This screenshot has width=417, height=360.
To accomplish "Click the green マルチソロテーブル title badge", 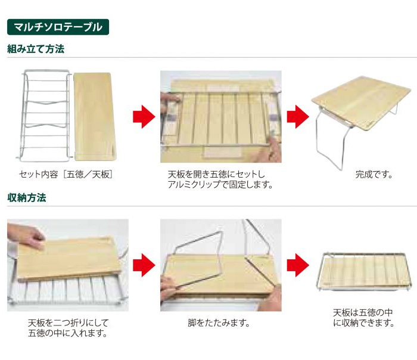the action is [58, 27].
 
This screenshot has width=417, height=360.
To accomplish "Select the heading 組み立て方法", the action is [36, 49].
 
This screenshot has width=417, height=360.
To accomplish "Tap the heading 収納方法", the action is [27, 197].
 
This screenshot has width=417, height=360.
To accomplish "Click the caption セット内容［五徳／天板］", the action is [66, 175].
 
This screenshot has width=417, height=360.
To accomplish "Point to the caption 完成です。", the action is [374, 175].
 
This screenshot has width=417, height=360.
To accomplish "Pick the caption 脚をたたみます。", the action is [219, 323].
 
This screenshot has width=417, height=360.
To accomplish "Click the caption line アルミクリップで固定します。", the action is [220, 184].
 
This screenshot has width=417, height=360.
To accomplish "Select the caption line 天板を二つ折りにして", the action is [69, 323].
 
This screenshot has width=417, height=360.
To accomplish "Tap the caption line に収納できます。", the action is [363, 323].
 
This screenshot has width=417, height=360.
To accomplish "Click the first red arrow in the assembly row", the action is [144, 117].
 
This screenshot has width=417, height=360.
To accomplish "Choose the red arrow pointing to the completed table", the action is [298, 117].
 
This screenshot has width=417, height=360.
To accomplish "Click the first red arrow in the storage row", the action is [144, 265].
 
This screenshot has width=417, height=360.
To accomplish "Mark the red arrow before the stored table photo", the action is [298, 265].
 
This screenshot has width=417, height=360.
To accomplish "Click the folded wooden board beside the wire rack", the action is [95, 117].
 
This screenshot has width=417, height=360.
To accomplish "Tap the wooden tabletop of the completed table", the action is [361, 103].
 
